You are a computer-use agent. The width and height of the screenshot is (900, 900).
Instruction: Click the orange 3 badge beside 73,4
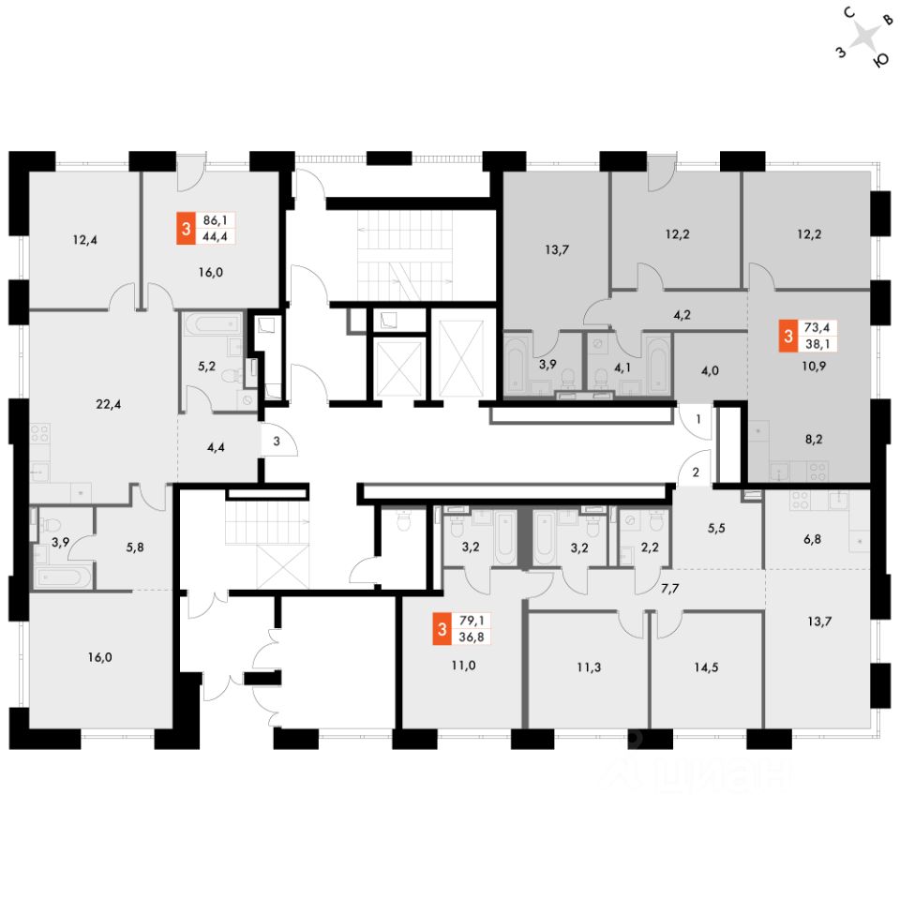click(x=788, y=335)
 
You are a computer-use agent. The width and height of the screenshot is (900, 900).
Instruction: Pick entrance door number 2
click(x=697, y=471)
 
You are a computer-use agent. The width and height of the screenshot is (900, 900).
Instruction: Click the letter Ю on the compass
click(x=880, y=60)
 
